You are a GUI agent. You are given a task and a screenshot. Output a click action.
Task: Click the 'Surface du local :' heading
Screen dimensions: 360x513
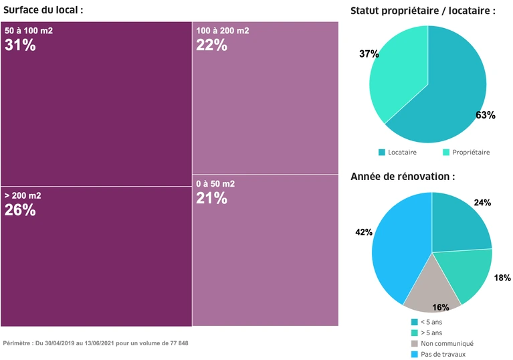[43, 10]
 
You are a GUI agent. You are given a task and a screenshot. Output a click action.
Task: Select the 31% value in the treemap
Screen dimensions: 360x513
[20, 46]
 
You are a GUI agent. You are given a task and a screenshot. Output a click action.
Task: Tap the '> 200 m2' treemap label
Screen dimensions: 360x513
[23, 195]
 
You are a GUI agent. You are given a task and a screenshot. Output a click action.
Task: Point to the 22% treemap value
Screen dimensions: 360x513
[211, 46]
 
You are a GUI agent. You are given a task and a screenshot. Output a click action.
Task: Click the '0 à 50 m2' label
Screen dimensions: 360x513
[215, 183]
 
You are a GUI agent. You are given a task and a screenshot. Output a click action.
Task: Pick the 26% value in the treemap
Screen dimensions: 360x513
[20, 210]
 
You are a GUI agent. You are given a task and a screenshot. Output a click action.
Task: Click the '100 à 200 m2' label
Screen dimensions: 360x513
[223, 31]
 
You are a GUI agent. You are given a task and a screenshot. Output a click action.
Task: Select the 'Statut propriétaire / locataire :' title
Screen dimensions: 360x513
[423, 11]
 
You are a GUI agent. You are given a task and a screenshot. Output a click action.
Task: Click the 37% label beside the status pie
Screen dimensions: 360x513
[369, 54]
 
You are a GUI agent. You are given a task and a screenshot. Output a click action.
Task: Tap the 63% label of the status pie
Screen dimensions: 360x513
[485, 115]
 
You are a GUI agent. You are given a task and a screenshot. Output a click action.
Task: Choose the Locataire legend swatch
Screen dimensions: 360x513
[382, 153]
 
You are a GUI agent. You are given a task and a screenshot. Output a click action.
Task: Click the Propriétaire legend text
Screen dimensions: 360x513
[471, 153]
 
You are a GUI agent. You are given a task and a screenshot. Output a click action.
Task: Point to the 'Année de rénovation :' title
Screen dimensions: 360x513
[403, 177]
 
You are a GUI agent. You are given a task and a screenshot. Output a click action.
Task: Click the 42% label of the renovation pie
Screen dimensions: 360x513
[364, 232]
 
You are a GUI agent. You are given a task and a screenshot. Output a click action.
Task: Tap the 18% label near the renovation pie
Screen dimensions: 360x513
[502, 277]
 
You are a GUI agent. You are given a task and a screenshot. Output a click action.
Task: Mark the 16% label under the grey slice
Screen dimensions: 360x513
[441, 307]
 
